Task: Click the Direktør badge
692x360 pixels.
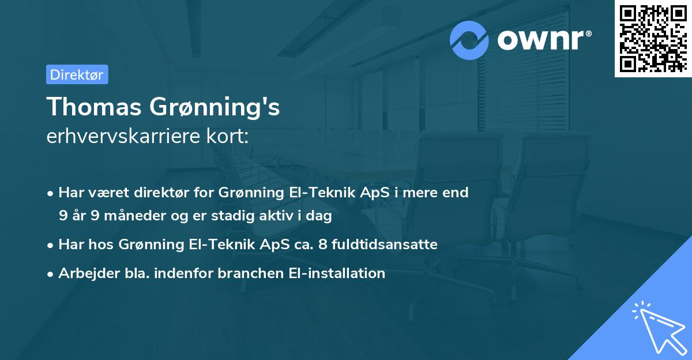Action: [77, 74]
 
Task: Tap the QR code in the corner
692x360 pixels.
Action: [653, 39]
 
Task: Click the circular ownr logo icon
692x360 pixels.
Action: [469, 40]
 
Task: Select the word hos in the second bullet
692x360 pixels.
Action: [104, 245]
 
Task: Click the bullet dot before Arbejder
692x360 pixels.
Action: [51, 274]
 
